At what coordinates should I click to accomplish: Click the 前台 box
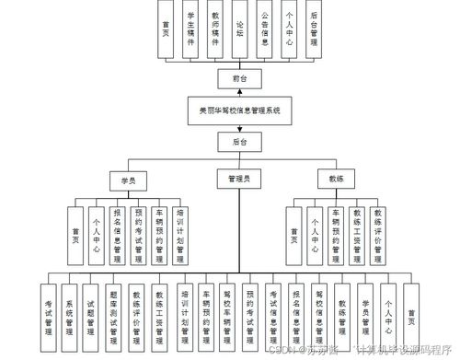(x=239, y=79)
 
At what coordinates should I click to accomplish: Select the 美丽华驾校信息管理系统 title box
(x=239, y=110)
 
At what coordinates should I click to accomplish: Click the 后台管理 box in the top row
(x=314, y=33)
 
